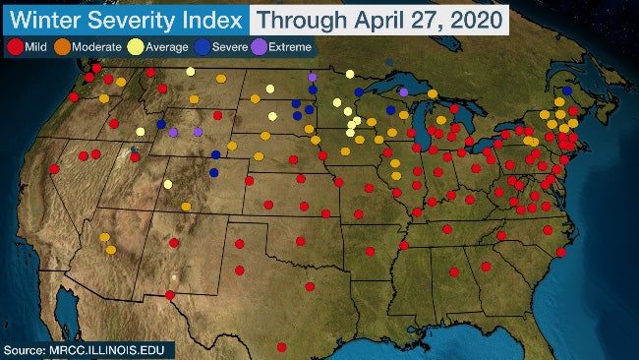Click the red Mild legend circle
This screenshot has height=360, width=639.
[x=15, y=46]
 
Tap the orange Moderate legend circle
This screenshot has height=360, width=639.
[x=62, y=46]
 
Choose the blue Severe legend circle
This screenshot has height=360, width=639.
[x=202, y=46]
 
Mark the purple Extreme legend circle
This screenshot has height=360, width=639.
[x=260, y=46]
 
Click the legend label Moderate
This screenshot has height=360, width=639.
[x=97, y=47]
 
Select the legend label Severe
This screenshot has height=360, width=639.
[x=229, y=47]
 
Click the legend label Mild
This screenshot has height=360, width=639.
[x=36, y=47]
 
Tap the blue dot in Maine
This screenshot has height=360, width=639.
[x=567, y=90]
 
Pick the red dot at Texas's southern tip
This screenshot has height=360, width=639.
[x=282, y=346]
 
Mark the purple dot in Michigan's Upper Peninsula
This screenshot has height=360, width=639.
[x=403, y=91]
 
